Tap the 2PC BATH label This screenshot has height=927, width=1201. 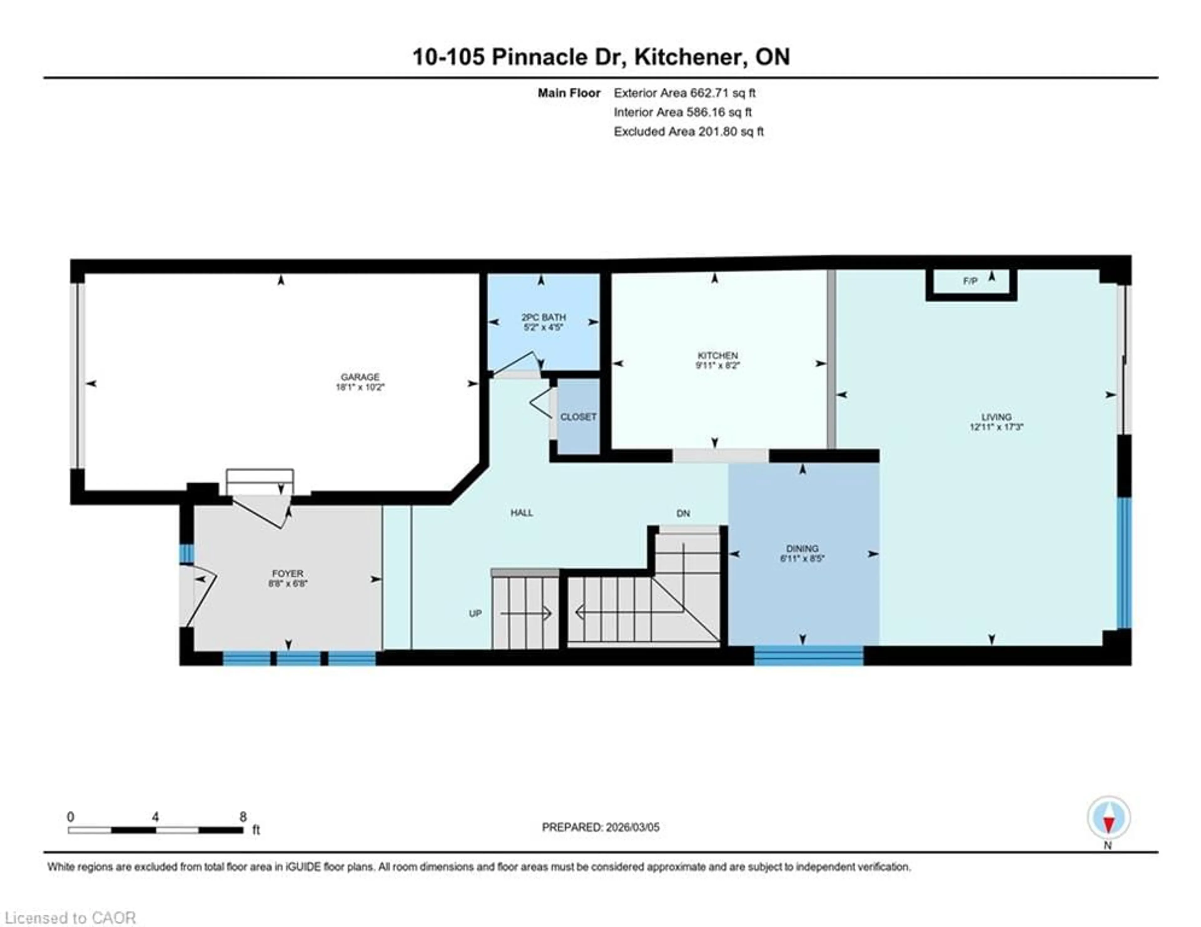pyautogui.click(x=543, y=317)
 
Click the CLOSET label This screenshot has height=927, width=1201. pyautogui.click(x=578, y=417)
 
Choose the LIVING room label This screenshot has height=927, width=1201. pyautogui.click(x=996, y=417)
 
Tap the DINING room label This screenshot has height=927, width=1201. pyautogui.click(x=802, y=549)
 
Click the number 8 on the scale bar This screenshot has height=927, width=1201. pyautogui.click(x=243, y=817)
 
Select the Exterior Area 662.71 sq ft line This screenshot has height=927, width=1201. pyautogui.click(x=684, y=93)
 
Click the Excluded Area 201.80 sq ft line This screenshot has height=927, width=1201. pyautogui.click(x=688, y=131)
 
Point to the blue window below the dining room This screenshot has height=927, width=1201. pyautogui.click(x=808, y=656)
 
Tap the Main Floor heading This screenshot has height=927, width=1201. pyautogui.click(x=569, y=93)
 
